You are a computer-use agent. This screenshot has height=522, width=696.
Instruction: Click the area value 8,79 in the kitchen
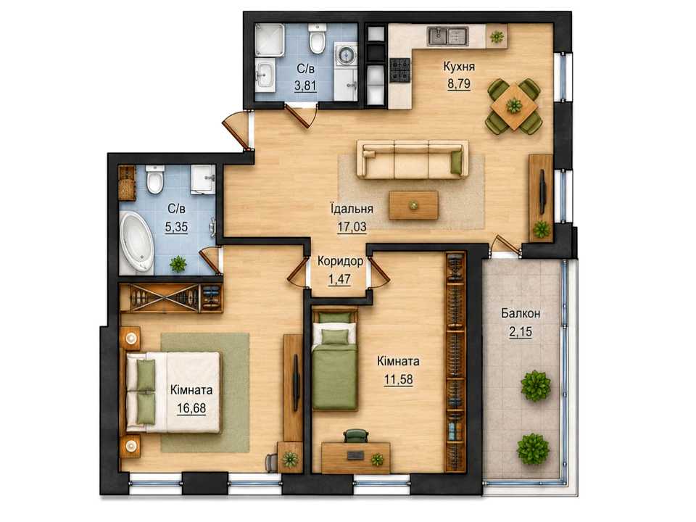point(459,84)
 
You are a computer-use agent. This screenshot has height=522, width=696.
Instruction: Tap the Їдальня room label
point(352,208)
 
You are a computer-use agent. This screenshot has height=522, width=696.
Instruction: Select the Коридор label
point(340,261)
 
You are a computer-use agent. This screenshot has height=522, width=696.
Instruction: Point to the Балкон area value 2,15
point(521,331)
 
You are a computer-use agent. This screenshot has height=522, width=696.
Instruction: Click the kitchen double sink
point(448,36)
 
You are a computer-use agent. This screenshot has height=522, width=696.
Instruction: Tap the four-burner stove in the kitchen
point(400,70)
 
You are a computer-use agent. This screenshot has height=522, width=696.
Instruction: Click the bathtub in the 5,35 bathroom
point(137,242)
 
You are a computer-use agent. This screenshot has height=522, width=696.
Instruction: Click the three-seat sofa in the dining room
point(413,159)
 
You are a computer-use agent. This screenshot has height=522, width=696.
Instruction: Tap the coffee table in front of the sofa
point(413,204)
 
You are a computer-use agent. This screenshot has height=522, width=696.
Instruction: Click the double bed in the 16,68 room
point(173,392)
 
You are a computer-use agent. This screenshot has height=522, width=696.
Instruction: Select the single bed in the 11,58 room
point(335,360)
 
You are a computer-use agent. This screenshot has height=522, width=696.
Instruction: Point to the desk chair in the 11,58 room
point(357,436)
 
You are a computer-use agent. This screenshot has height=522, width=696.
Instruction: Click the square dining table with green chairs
point(515,107)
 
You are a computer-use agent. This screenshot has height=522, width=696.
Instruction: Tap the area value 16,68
point(191,408)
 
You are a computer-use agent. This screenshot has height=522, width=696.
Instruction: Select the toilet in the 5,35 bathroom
point(155,179)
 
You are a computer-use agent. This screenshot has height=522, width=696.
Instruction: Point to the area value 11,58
point(398,379)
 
